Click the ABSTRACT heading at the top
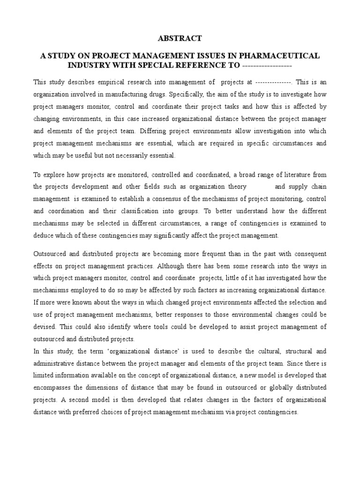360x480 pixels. pos(180,38)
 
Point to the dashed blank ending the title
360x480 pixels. pos(266,65)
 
